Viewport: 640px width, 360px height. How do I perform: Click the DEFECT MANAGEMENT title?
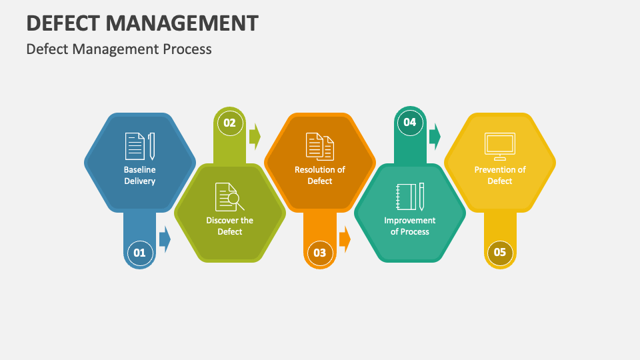[142, 23]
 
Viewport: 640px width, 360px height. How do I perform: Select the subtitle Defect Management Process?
[119, 49]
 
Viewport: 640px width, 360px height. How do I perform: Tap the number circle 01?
[139, 253]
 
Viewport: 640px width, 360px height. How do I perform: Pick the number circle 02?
[230, 123]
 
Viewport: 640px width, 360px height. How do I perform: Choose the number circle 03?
[319, 253]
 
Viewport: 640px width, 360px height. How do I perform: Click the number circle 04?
[410, 122]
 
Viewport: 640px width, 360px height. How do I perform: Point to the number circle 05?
[500, 252]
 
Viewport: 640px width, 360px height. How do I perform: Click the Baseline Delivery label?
[139, 175]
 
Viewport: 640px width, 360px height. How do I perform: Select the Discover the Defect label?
[230, 226]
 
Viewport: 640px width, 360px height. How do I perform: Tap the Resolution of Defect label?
[320, 175]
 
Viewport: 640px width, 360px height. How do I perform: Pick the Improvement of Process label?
[410, 226]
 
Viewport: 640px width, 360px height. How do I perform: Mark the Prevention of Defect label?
[500, 175]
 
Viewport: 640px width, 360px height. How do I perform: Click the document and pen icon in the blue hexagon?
[140, 146]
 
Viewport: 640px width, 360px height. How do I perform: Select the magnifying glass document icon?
[230, 197]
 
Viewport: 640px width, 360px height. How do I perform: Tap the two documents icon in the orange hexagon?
[320, 147]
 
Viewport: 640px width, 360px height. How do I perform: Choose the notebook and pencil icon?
[410, 197]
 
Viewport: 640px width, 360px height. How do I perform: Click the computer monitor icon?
[500, 147]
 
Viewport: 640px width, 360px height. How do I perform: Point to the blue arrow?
[165, 239]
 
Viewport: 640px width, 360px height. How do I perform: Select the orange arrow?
[345, 239]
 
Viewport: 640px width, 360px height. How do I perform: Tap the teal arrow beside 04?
[435, 136]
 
